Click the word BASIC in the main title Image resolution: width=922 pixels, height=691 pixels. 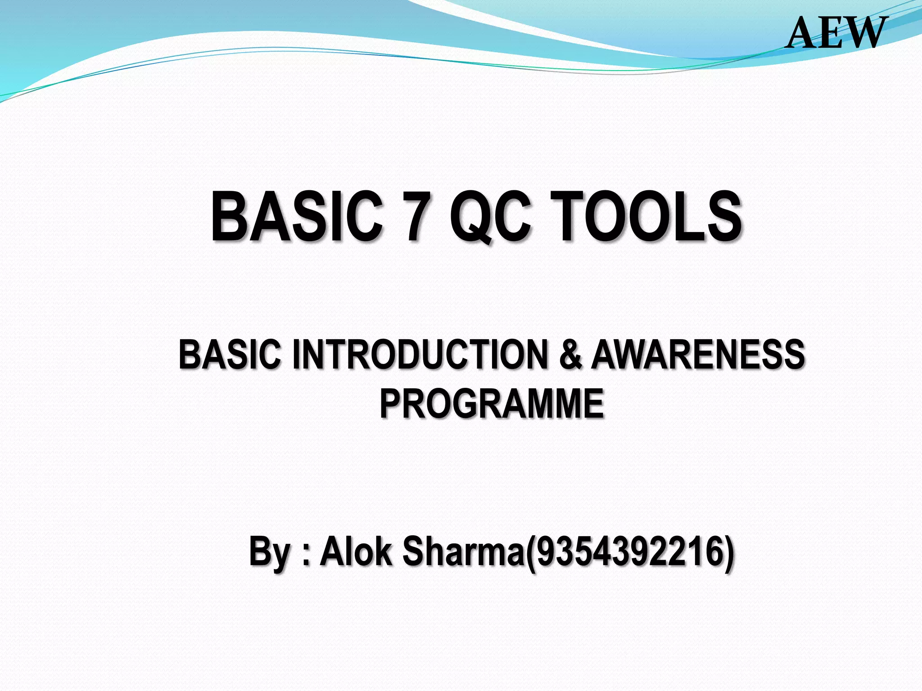click(x=297, y=217)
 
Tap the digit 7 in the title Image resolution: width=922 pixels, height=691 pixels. click(x=416, y=217)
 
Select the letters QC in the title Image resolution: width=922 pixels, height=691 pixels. click(x=491, y=217)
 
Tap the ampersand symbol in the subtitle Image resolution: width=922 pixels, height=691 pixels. click(x=571, y=355)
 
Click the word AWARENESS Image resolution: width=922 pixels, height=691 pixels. click(x=697, y=355)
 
